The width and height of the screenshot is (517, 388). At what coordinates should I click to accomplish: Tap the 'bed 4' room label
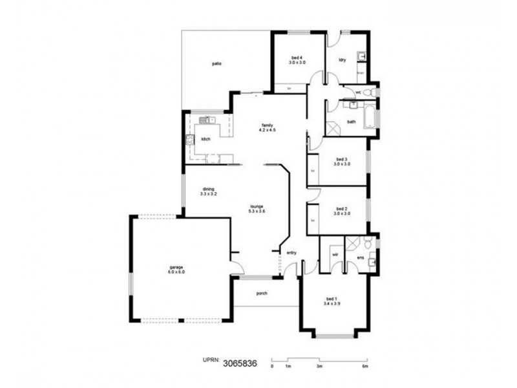[x=297, y=57]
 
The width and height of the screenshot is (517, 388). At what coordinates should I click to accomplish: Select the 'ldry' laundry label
[x=343, y=59]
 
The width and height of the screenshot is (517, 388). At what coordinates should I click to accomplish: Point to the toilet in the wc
[x=370, y=93]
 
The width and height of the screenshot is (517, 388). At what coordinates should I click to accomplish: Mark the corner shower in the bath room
[x=333, y=127]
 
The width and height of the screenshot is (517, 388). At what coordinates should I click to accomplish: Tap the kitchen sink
[x=206, y=120]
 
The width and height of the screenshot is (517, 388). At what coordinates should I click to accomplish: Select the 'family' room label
[x=267, y=125]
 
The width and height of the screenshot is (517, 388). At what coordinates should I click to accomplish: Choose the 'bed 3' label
[x=342, y=159]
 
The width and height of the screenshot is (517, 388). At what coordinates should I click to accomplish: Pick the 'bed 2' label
[x=342, y=208]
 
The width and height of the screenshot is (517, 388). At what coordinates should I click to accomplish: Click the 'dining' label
[x=208, y=189]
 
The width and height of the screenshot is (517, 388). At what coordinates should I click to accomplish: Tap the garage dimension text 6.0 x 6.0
[x=176, y=272]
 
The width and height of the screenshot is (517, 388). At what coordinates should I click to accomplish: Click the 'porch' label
[x=262, y=293]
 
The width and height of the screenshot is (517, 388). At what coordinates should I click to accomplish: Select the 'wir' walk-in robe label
[x=335, y=255]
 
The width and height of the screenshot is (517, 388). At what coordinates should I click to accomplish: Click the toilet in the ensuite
[x=367, y=244]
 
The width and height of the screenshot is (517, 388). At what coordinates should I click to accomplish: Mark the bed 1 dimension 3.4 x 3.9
[x=332, y=303]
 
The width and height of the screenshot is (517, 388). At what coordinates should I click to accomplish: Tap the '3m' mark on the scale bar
[x=319, y=366]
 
